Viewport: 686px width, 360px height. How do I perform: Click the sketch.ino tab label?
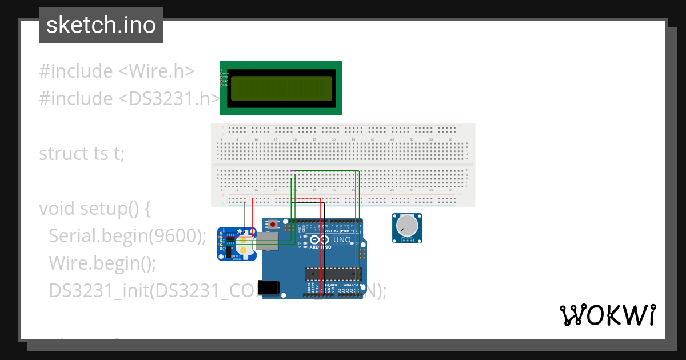click(101, 25)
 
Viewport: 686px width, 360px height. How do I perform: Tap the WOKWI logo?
click(607, 315)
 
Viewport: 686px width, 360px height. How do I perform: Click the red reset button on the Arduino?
click(280, 223)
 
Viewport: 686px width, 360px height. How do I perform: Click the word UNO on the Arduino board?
click(341, 240)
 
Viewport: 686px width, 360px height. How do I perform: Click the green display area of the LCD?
click(281, 88)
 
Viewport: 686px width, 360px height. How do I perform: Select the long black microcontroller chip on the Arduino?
click(333, 273)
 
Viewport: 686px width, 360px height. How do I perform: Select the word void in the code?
click(56, 209)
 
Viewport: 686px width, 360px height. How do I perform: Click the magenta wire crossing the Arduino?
click(356, 251)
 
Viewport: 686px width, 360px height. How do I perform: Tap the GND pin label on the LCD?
click(225, 74)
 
